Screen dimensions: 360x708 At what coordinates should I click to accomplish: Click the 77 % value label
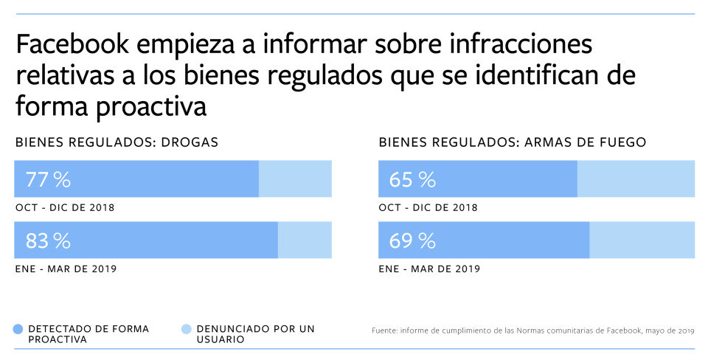pos(48,179)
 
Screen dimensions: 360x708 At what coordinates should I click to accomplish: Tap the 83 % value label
pos(48,240)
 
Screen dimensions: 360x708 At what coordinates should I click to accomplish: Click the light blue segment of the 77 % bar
pos(295,179)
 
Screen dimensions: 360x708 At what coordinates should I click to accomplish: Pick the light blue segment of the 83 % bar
pos(305,240)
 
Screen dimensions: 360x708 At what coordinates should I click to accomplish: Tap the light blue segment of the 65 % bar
pos(636,179)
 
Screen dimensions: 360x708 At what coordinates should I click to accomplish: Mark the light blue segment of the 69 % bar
pos(642,240)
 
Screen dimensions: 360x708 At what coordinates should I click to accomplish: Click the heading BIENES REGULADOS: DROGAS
pos(117,142)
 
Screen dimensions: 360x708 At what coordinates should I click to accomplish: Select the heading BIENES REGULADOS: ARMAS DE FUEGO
pos(512,142)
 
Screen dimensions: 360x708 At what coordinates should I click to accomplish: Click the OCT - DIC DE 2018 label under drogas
pos(65,208)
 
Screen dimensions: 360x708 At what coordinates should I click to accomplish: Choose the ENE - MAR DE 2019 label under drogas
pos(66,269)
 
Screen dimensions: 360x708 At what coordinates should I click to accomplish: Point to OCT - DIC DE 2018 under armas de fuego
pos(428,208)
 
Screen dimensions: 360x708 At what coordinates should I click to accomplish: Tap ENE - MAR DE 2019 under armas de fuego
pos(429,269)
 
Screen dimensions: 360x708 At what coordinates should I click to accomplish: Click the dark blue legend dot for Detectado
pos(18,329)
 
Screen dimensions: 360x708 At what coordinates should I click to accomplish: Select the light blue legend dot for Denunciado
pos(186,329)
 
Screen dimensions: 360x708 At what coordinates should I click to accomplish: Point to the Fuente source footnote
pos(532,331)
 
